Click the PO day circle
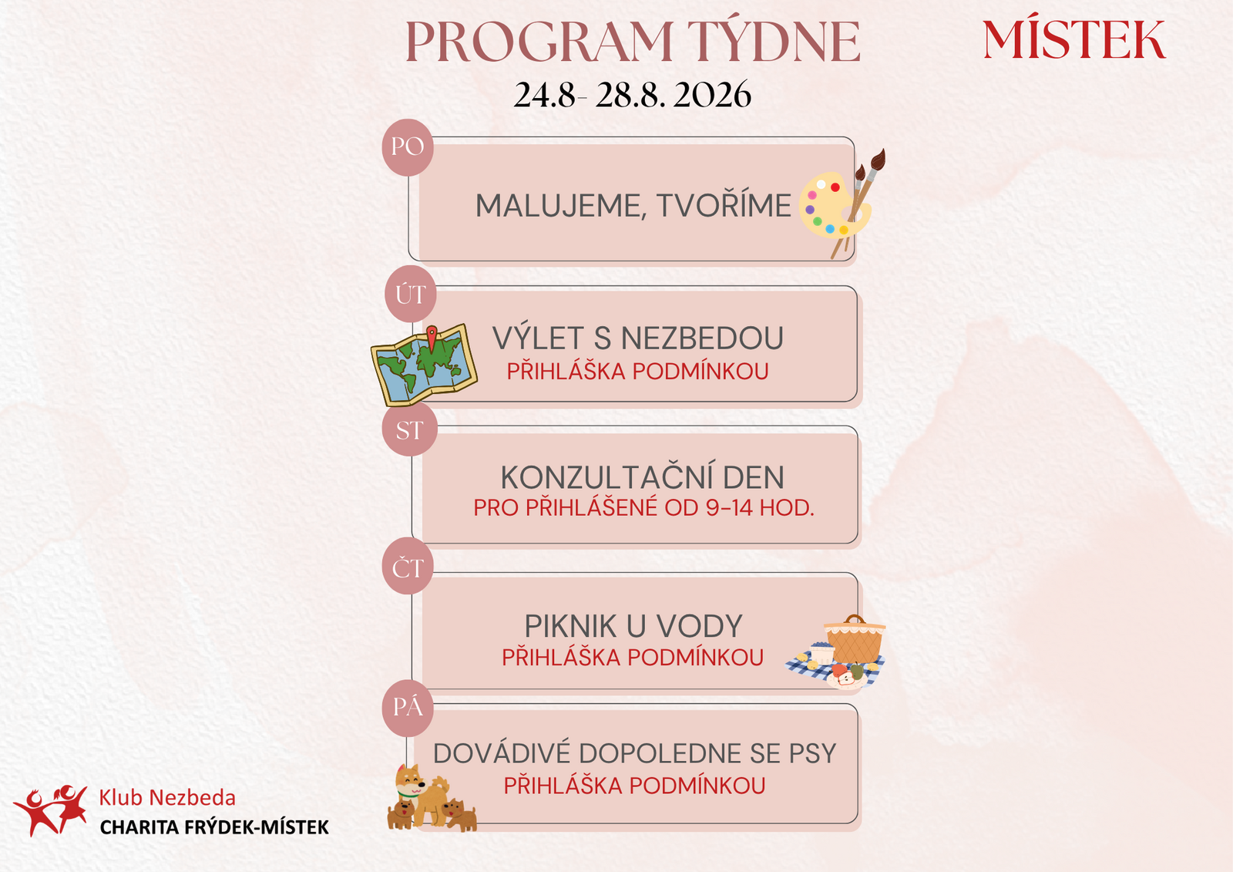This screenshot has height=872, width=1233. [408, 147]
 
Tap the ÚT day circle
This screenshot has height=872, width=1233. [411, 295]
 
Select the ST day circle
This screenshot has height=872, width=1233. [409, 429]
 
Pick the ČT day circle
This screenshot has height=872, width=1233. [408, 566]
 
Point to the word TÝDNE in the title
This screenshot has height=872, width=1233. [774, 42]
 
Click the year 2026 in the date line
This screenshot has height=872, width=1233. [712, 95]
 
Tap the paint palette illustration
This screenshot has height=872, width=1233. [835, 204]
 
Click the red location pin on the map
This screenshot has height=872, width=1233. [432, 337]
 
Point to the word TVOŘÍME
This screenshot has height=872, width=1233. [724, 206]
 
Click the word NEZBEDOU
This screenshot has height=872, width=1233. [702, 338]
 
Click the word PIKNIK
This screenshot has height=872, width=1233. [570, 626]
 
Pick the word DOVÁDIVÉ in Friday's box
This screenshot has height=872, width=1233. [502, 753]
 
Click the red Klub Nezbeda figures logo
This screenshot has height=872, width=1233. [51, 810]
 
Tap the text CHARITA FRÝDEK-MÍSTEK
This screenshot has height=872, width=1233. [214, 827]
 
